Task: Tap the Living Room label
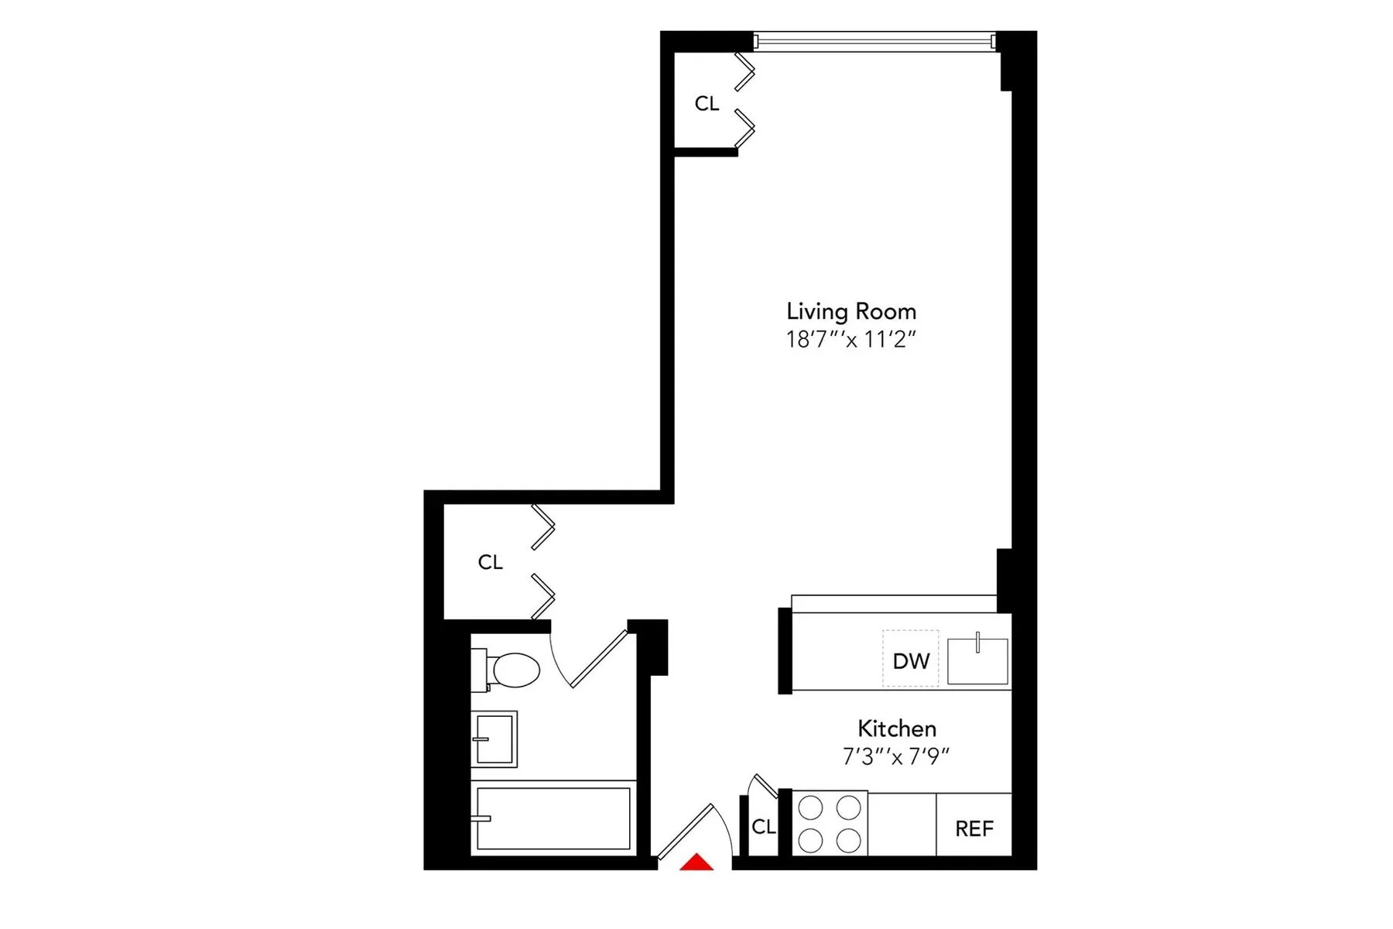coord(851,311)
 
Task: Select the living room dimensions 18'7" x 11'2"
coord(851,340)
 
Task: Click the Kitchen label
coord(897,728)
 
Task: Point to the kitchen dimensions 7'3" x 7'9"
coord(896,756)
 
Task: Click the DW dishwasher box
coord(911,660)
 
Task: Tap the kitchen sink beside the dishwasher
coord(977,661)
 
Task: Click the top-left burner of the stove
coord(810,808)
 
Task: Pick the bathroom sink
coord(495,739)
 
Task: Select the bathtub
coord(553,819)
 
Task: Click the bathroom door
coord(598,659)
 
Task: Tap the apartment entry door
coord(686,831)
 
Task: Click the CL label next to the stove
coord(763,827)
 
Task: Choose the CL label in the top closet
coord(707,103)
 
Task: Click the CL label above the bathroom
coord(490,562)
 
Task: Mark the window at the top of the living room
coord(874,41)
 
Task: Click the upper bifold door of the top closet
coord(744,71)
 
